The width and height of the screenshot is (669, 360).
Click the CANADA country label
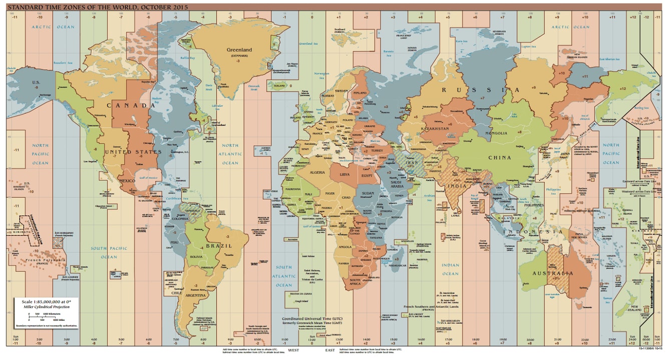131,106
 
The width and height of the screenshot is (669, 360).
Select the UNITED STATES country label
133,152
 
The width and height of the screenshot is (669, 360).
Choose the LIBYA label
345,175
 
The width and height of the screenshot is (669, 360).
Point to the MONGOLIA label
510,133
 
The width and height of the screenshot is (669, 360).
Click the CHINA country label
499,158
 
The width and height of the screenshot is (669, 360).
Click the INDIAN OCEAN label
450,269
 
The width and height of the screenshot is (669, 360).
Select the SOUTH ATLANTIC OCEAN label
284,276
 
